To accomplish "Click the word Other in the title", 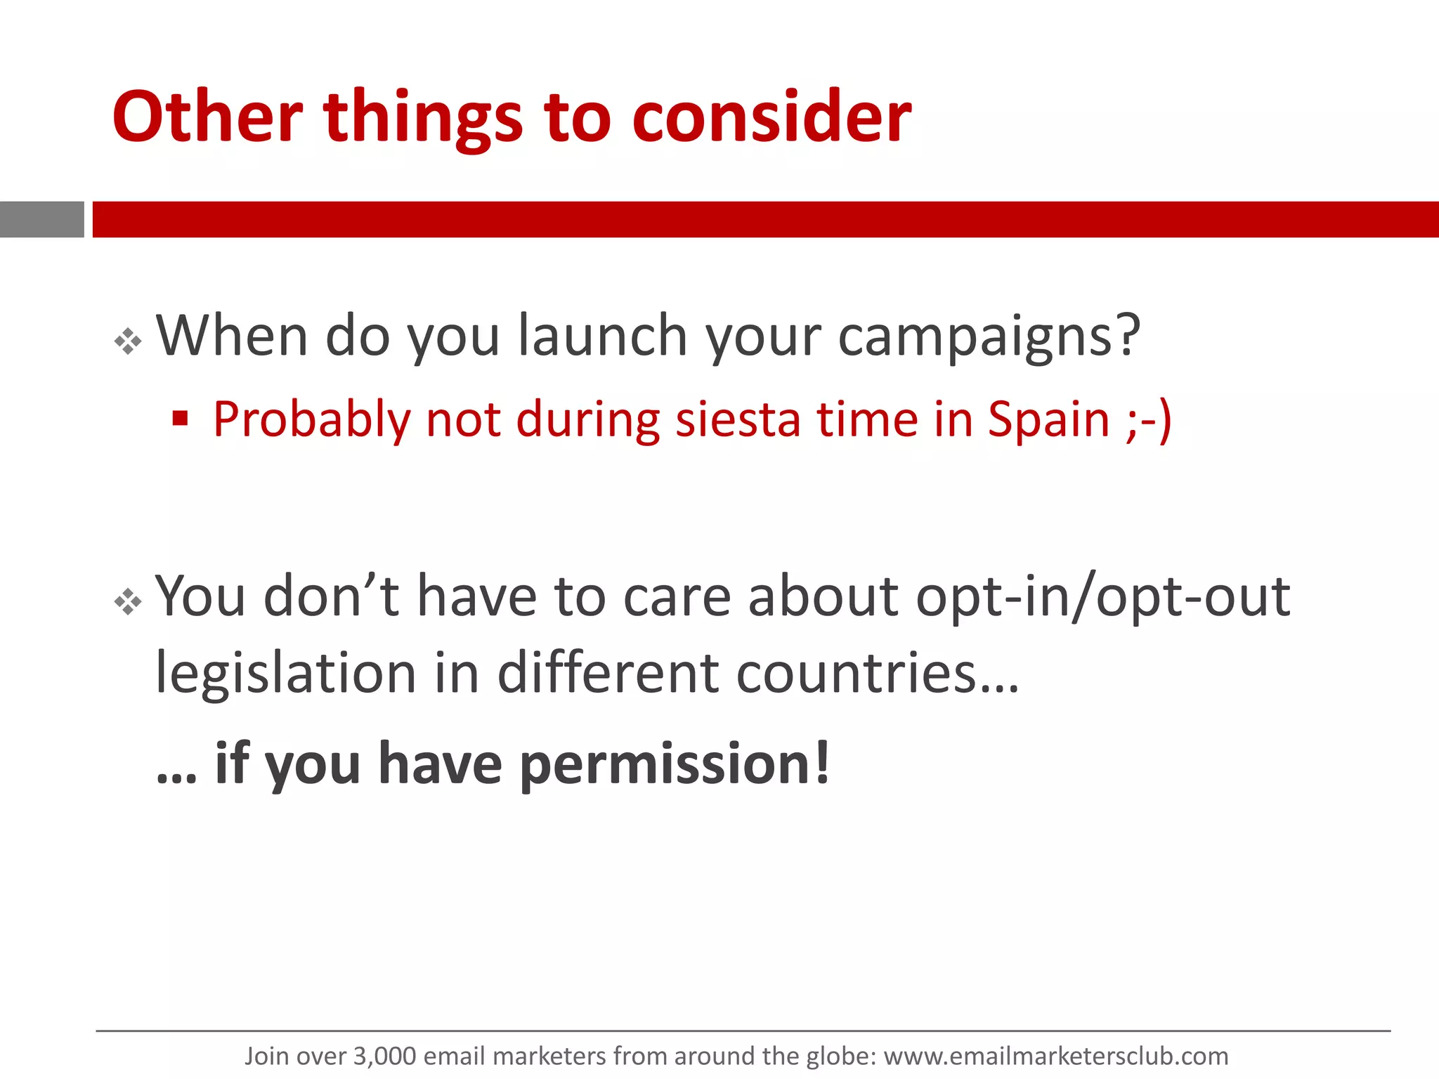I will (x=207, y=117).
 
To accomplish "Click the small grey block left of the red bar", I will (x=41, y=219).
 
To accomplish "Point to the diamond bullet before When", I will (x=128, y=342).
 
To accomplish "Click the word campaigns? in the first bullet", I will (x=989, y=337).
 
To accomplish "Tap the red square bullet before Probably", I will (x=181, y=419).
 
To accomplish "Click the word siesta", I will (x=738, y=419).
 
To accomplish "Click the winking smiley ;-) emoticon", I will (x=1148, y=419).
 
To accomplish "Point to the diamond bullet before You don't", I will (x=128, y=602).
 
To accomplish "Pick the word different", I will (x=608, y=673).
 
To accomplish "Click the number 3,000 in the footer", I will (x=384, y=1056).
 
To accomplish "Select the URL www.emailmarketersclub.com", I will (x=1055, y=1056).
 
